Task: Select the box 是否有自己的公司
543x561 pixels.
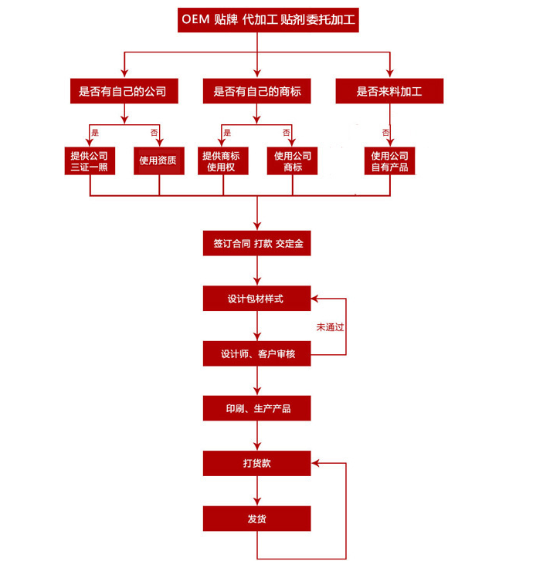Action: [x=124, y=92]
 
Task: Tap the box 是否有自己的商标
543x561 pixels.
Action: [x=256, y=92]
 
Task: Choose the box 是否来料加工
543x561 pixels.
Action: [x=389, y=92]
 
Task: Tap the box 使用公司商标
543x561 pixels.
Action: [x=293, y=161]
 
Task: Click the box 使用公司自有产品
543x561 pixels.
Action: [x=389, y=161]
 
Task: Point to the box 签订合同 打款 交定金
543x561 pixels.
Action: [x=256, y=243]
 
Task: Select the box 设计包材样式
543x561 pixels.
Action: [x=256, y=299]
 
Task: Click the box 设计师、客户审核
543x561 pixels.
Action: [x=256, y=354]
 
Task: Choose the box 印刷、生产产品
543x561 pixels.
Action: [x=256, y=408]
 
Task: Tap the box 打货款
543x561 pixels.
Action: [x=256, y=463]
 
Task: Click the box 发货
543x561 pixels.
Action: [x=256, y=518]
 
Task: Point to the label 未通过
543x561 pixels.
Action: [x=330, y=327]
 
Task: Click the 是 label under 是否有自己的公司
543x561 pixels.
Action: [x=95, y=133]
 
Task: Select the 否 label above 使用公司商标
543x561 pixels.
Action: [x=286, y=133]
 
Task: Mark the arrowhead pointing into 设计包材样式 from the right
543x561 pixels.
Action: [x=314, y=299]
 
